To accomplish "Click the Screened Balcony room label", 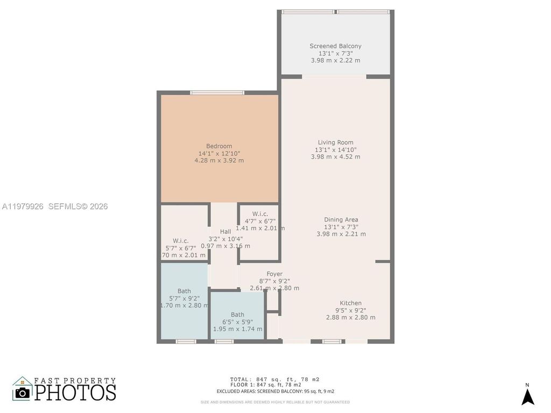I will point(335,46).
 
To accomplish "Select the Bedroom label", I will point(219,146).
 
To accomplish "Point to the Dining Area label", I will point(341,219).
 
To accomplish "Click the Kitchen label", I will point(350,303).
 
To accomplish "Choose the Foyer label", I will point(274,274).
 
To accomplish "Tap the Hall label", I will point(225,232).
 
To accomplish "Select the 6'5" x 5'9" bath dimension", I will point(237,322).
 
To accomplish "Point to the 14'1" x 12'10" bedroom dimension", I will point(219,153).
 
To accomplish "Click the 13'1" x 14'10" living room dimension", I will point(335,149).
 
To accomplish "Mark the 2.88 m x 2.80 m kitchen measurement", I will point(350,317).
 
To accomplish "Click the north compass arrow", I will point(528,396).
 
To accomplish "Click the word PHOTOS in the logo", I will point(75,392).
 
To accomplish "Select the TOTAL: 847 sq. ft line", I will point(274,379).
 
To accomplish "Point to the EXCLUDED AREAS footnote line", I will point(275,391).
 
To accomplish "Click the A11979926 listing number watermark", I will point(23,206).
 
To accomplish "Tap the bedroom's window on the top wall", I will point(218,93).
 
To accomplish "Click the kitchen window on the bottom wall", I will point(332,341).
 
